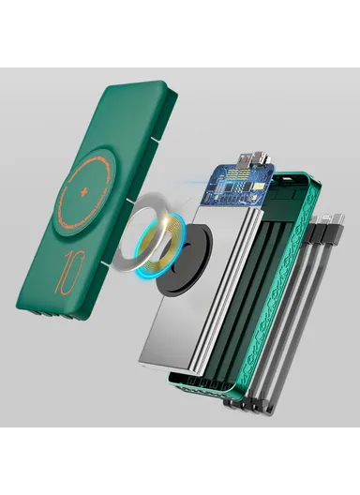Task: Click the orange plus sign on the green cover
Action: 83,192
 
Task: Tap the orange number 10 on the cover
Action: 69,272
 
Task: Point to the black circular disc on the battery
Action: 184,261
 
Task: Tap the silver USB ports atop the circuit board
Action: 252,160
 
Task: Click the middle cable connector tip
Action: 324,218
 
